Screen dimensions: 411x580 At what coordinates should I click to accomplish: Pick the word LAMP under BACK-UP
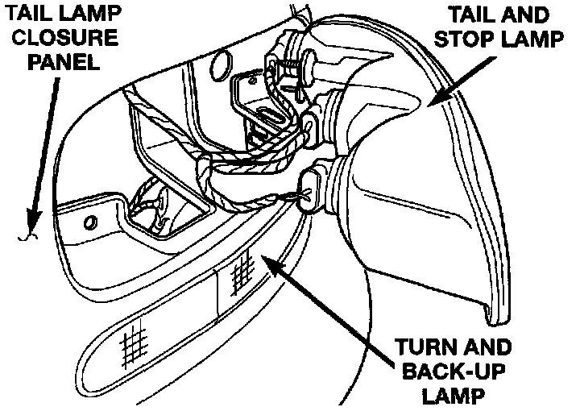[x=452, y=396]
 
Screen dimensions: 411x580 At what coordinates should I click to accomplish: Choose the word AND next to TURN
[x=486, y=349]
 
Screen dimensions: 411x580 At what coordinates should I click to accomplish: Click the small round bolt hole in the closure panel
[x=90, y=222]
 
